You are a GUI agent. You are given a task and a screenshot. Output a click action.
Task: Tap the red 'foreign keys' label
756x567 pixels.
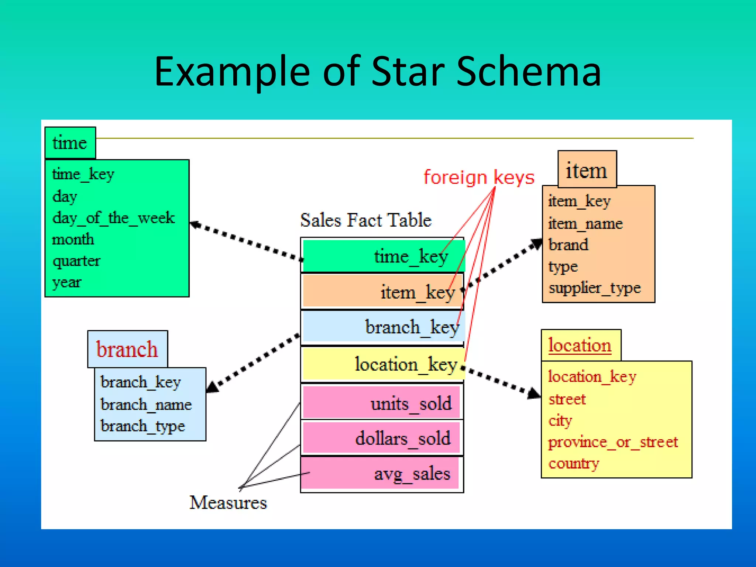[479, 178]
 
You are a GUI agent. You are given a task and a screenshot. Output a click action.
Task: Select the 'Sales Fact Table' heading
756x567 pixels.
[365, 220]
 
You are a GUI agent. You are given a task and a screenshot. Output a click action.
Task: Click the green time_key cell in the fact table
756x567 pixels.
[383, 256]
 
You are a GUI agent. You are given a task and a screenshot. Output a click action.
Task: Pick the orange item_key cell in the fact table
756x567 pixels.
[383, 292]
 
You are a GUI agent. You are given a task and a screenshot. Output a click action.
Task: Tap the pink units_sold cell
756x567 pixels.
[381, 403]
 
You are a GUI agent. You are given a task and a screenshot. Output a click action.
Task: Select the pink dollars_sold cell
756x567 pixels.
[381, 438]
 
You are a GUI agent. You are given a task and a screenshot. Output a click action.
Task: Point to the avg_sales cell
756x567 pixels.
[381, 474]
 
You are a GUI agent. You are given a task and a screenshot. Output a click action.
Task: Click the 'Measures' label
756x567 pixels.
[228, 503]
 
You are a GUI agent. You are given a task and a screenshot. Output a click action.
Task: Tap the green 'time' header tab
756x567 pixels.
[70, 143]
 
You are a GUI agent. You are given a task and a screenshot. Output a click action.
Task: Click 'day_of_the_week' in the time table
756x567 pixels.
[113, 218]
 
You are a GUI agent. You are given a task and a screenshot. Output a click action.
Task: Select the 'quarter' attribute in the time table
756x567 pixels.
[76, 261]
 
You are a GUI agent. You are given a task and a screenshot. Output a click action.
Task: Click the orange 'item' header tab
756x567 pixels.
[587, 170]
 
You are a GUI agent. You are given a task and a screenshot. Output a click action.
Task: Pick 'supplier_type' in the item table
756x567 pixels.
[594, 288]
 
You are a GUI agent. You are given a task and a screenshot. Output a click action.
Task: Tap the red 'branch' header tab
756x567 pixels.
[127, 349]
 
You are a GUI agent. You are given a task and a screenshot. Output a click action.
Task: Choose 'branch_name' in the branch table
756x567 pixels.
[146, 405]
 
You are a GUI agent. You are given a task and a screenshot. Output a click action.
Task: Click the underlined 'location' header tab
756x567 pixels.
[580, 345]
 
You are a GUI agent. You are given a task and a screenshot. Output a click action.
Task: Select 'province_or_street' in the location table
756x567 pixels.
[613, 442]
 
